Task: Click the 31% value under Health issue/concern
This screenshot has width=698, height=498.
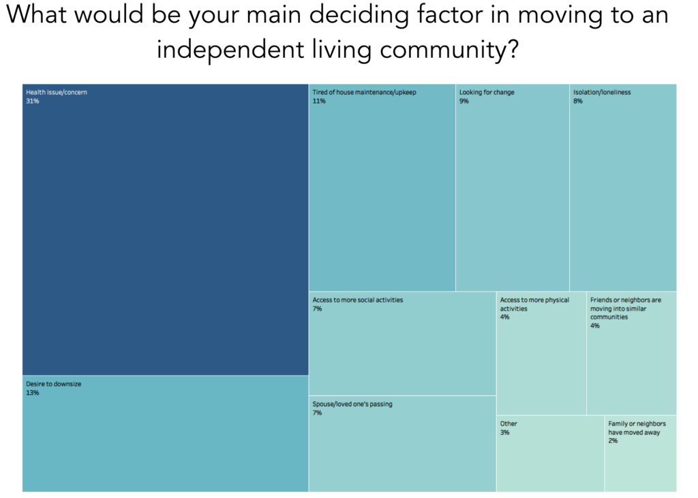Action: [x=33, y=101]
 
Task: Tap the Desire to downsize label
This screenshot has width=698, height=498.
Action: [x=53, y=384]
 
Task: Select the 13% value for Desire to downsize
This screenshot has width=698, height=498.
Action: [x=33, y=392]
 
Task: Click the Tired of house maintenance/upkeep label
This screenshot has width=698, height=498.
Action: [x=364, y=92]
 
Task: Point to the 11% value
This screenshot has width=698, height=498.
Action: [x=319, y=101]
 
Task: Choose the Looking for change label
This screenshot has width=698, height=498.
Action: [x=487, y=92]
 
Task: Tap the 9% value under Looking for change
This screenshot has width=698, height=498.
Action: [x=464, y=101]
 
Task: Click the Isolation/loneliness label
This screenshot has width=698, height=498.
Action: [x=602, y=92]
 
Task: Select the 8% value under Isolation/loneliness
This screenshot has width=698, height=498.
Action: [x=578, y=101]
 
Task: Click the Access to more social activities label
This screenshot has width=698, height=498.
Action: [x=357, y=300]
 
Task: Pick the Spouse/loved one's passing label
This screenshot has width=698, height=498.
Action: [x=352, y=404]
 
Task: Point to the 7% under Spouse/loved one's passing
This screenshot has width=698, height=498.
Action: [x=317, y=413]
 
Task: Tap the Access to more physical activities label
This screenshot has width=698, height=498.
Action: [x=534, y=304]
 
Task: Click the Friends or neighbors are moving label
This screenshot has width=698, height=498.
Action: [x=626, y=309]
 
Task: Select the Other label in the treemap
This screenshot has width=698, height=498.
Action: [x=509, y=424]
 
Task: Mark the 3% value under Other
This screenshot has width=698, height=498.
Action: [x=504, y=433]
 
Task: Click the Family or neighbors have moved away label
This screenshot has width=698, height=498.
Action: [x=637, y=428]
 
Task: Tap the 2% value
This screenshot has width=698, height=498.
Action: [x=613, y=441]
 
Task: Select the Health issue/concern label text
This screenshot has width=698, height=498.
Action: [x=57, y=92]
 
